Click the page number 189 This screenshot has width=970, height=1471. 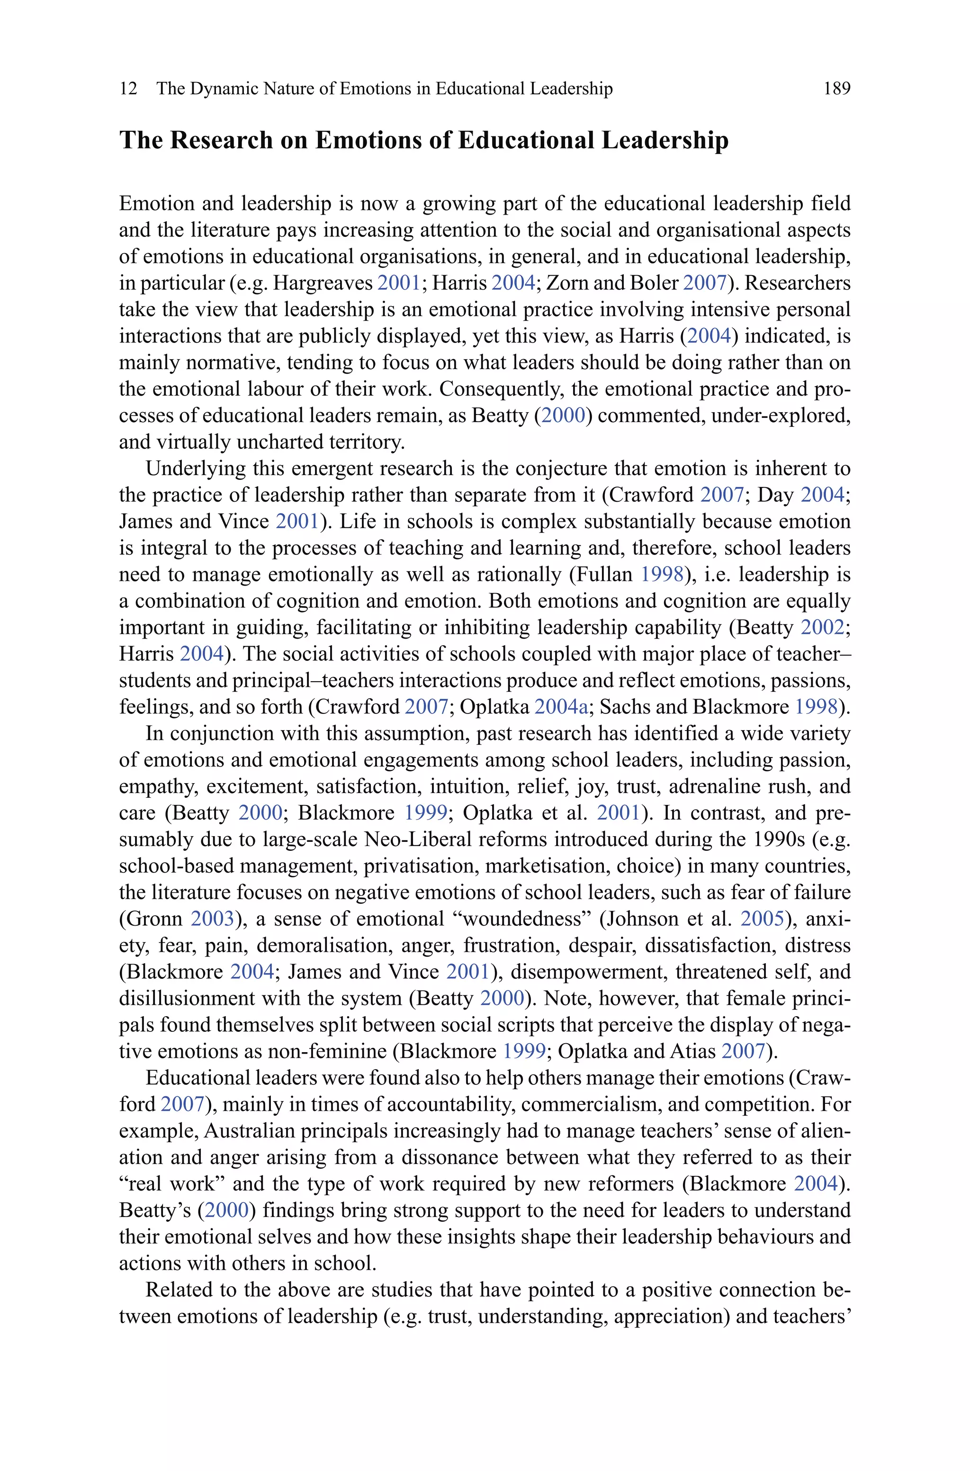(x=836, y=89)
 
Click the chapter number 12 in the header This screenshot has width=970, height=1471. (x=128, y=89)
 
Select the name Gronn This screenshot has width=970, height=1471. (x=155, y=919)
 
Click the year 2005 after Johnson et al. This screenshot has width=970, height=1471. (x=762, y=919)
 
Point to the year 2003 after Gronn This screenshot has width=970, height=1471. (x=212, y=919)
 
